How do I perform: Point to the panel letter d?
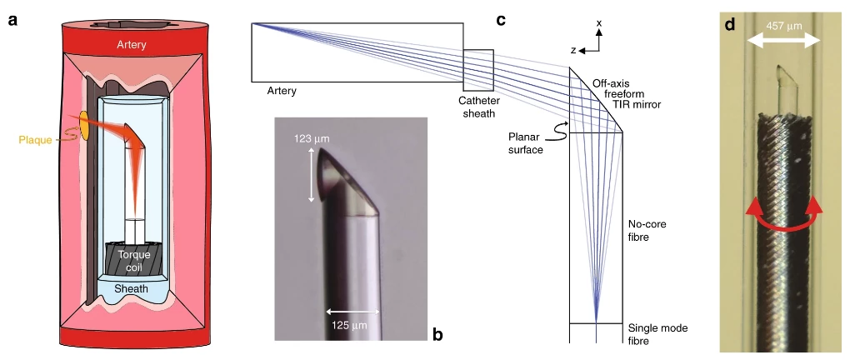[731, 24]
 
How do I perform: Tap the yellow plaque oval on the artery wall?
[86, 127]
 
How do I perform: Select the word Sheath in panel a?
[132, 288]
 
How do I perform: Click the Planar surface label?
[525, 142]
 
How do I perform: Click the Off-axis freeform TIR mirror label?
[626, 94]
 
